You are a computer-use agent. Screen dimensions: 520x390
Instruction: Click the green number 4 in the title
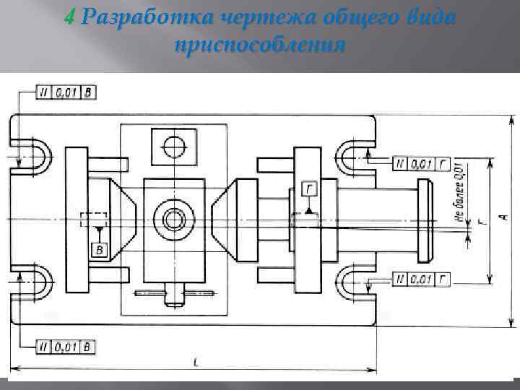69,17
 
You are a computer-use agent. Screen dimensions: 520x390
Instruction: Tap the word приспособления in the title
259,45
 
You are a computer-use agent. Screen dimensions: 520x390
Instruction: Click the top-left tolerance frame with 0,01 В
66,92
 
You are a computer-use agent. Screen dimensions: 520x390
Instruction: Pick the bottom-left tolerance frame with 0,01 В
66,347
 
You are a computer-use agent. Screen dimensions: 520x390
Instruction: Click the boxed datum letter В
98,249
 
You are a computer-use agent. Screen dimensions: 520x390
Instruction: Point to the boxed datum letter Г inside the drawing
309,190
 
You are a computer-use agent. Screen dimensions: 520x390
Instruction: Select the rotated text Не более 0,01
458,189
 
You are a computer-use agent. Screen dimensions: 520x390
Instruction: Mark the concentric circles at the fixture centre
173,217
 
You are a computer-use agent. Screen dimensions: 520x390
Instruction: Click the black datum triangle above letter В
98,230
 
